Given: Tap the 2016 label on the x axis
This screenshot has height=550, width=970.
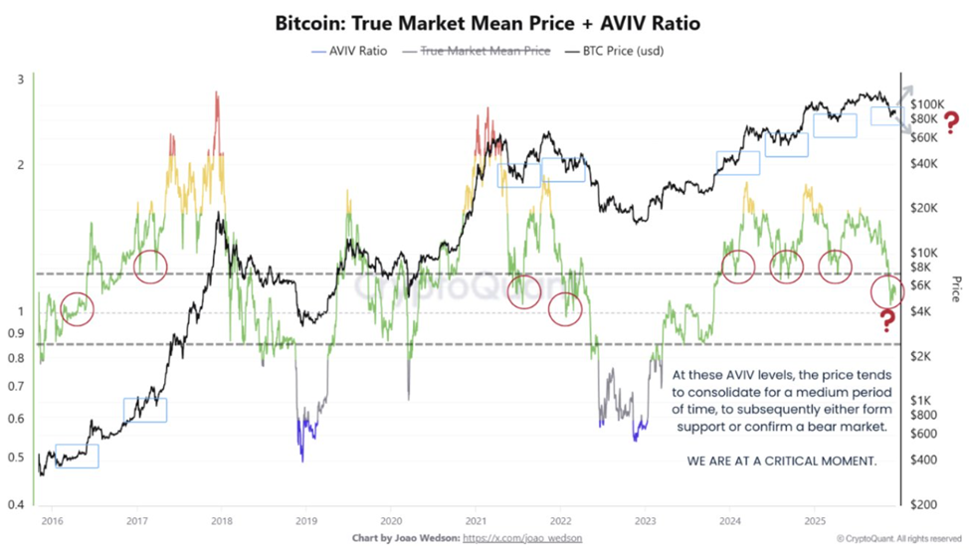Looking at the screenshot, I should (x=52, y=520).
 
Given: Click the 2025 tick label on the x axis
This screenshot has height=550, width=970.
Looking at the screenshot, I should (x=815, y=520).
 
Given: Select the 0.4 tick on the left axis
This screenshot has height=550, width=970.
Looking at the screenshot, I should (x=17, y=505).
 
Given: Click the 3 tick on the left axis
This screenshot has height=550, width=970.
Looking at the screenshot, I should (x=21, y=80).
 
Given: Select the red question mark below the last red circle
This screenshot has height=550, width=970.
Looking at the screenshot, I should (x=886, y=320).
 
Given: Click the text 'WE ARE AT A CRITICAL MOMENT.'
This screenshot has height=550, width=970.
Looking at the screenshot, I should (x=782, y=463).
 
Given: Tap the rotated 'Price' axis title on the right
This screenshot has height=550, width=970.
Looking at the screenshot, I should (x=956, y=289).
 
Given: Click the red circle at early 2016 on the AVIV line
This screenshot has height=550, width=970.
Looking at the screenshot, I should (x=77, y=308).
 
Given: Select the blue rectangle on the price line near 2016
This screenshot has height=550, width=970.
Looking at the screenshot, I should (x=77, y=456).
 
